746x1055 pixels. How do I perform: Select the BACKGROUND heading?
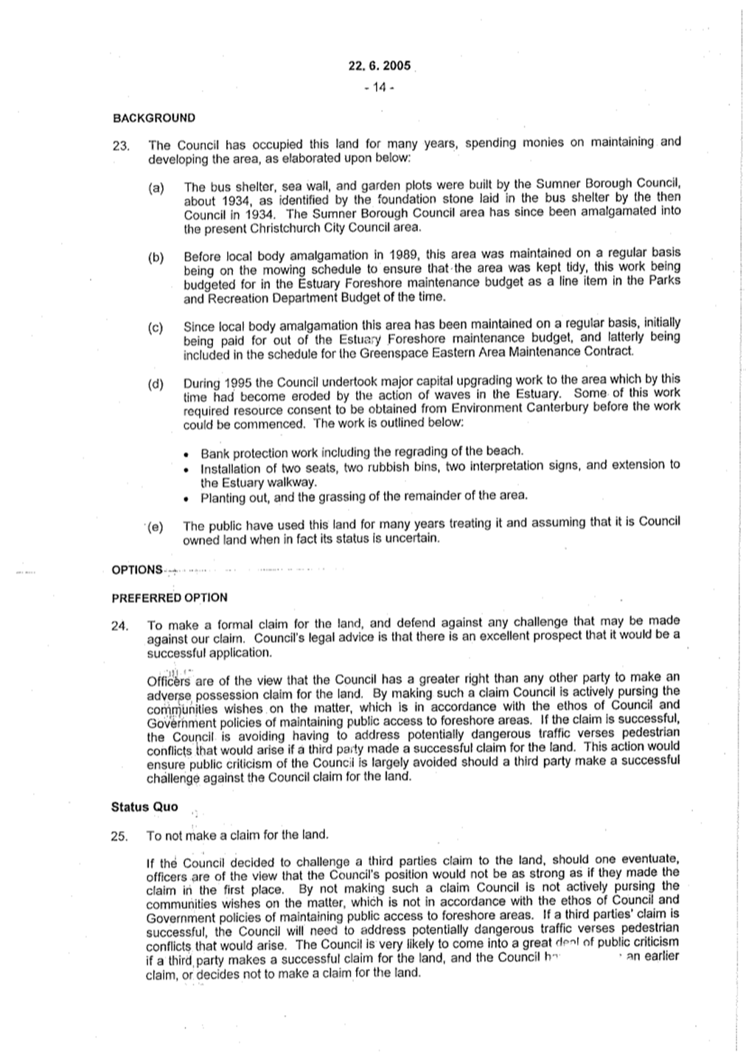click(x=153, y=118)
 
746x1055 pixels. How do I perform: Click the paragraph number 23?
click(x=122, y=146)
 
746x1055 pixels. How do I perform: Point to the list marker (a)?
click(x=156, y=189)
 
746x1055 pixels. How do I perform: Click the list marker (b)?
click(x=156, y=257)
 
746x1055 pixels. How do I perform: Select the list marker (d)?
click(x=156, y=383)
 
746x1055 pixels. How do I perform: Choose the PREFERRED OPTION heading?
click(x=169, y=598)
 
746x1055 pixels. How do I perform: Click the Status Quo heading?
click(x=144, y=807)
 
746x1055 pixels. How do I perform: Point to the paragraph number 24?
click(x=121, y=627)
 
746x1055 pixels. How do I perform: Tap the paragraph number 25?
click(x=121, y=837)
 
